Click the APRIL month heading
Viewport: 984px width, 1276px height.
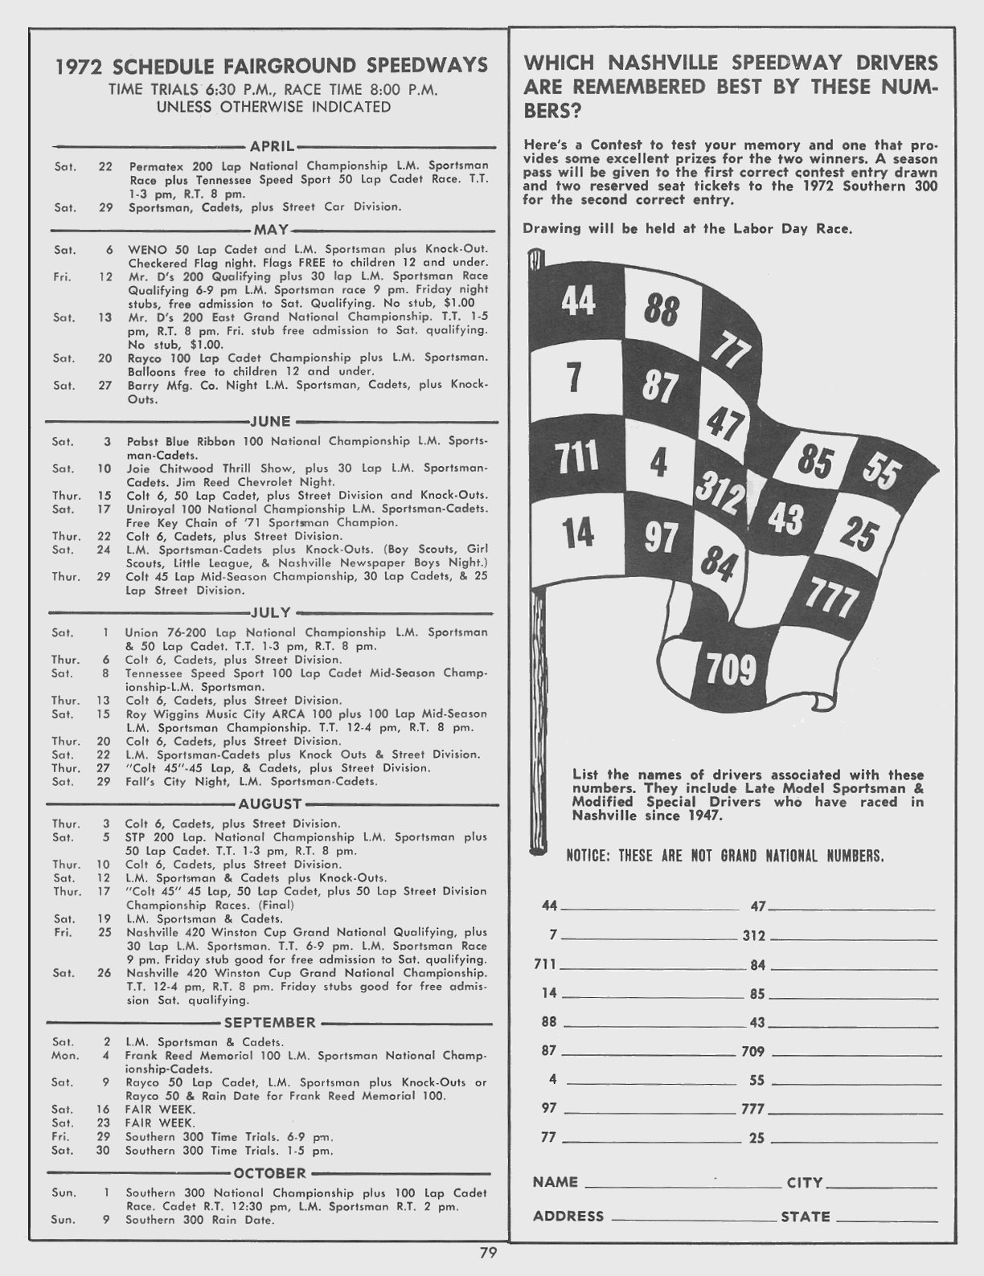(x=272, y=146)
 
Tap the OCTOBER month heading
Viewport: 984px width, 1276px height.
(x=270, y=1173)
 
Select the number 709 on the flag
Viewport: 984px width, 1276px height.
(x=730, y=669)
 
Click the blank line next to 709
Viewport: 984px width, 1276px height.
(x=852, y=1052)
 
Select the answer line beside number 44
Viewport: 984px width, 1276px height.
(x=650, y=908)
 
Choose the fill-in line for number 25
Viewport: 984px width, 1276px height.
(x=852, y=1139)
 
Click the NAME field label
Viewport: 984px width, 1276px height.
(x=555, y=1182)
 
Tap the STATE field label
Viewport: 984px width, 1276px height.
(x=806, y=1217)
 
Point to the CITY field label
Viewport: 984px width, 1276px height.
(x=805, y=1183)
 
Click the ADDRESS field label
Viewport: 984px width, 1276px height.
(x=568, y=1216)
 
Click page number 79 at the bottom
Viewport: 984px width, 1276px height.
(x=487, y=1252)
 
